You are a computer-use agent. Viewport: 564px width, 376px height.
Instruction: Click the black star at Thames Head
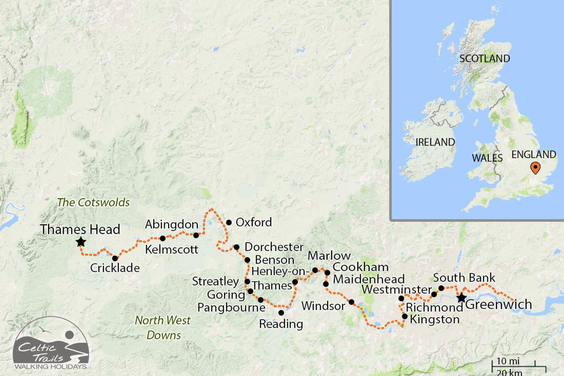click(x=81, y=242)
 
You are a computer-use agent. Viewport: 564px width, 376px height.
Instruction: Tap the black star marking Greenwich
click(x=461, y=298)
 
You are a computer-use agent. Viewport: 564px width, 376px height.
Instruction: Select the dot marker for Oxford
click(x=229, y=223)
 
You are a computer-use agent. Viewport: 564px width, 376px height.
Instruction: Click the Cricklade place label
click(x=115, y=268)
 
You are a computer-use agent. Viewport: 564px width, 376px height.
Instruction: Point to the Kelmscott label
click(x=172, y=249)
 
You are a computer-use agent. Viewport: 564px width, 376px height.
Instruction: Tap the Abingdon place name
click(x=172, y=224)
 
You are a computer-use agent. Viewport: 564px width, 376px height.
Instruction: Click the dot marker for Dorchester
click(x=236, y=247)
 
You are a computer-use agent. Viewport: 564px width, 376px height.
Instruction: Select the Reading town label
click(x=281, y=324)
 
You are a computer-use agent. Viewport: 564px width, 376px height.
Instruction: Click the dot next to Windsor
click(x=351, y=302)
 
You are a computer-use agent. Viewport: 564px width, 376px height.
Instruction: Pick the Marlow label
click(x=329, y=256)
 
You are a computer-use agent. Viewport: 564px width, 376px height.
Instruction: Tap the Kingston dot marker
click(x=405, y=316)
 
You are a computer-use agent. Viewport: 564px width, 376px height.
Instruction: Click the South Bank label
click(x=464, y=278)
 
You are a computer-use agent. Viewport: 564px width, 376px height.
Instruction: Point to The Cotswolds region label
click(x=93, y=202)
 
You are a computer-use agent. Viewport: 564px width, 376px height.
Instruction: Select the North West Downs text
click(x=163, y=328)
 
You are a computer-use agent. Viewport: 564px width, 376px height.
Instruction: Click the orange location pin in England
click(x=535, y=168)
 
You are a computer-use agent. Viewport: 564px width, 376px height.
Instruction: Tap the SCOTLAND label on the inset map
click(x=484, y=58)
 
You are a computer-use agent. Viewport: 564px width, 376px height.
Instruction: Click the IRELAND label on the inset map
click(x=435, y=142)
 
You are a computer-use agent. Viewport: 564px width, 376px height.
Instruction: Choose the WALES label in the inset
click(x=487, y=158)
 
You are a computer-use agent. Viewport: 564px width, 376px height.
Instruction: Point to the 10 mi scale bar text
click(x=508, y=361)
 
